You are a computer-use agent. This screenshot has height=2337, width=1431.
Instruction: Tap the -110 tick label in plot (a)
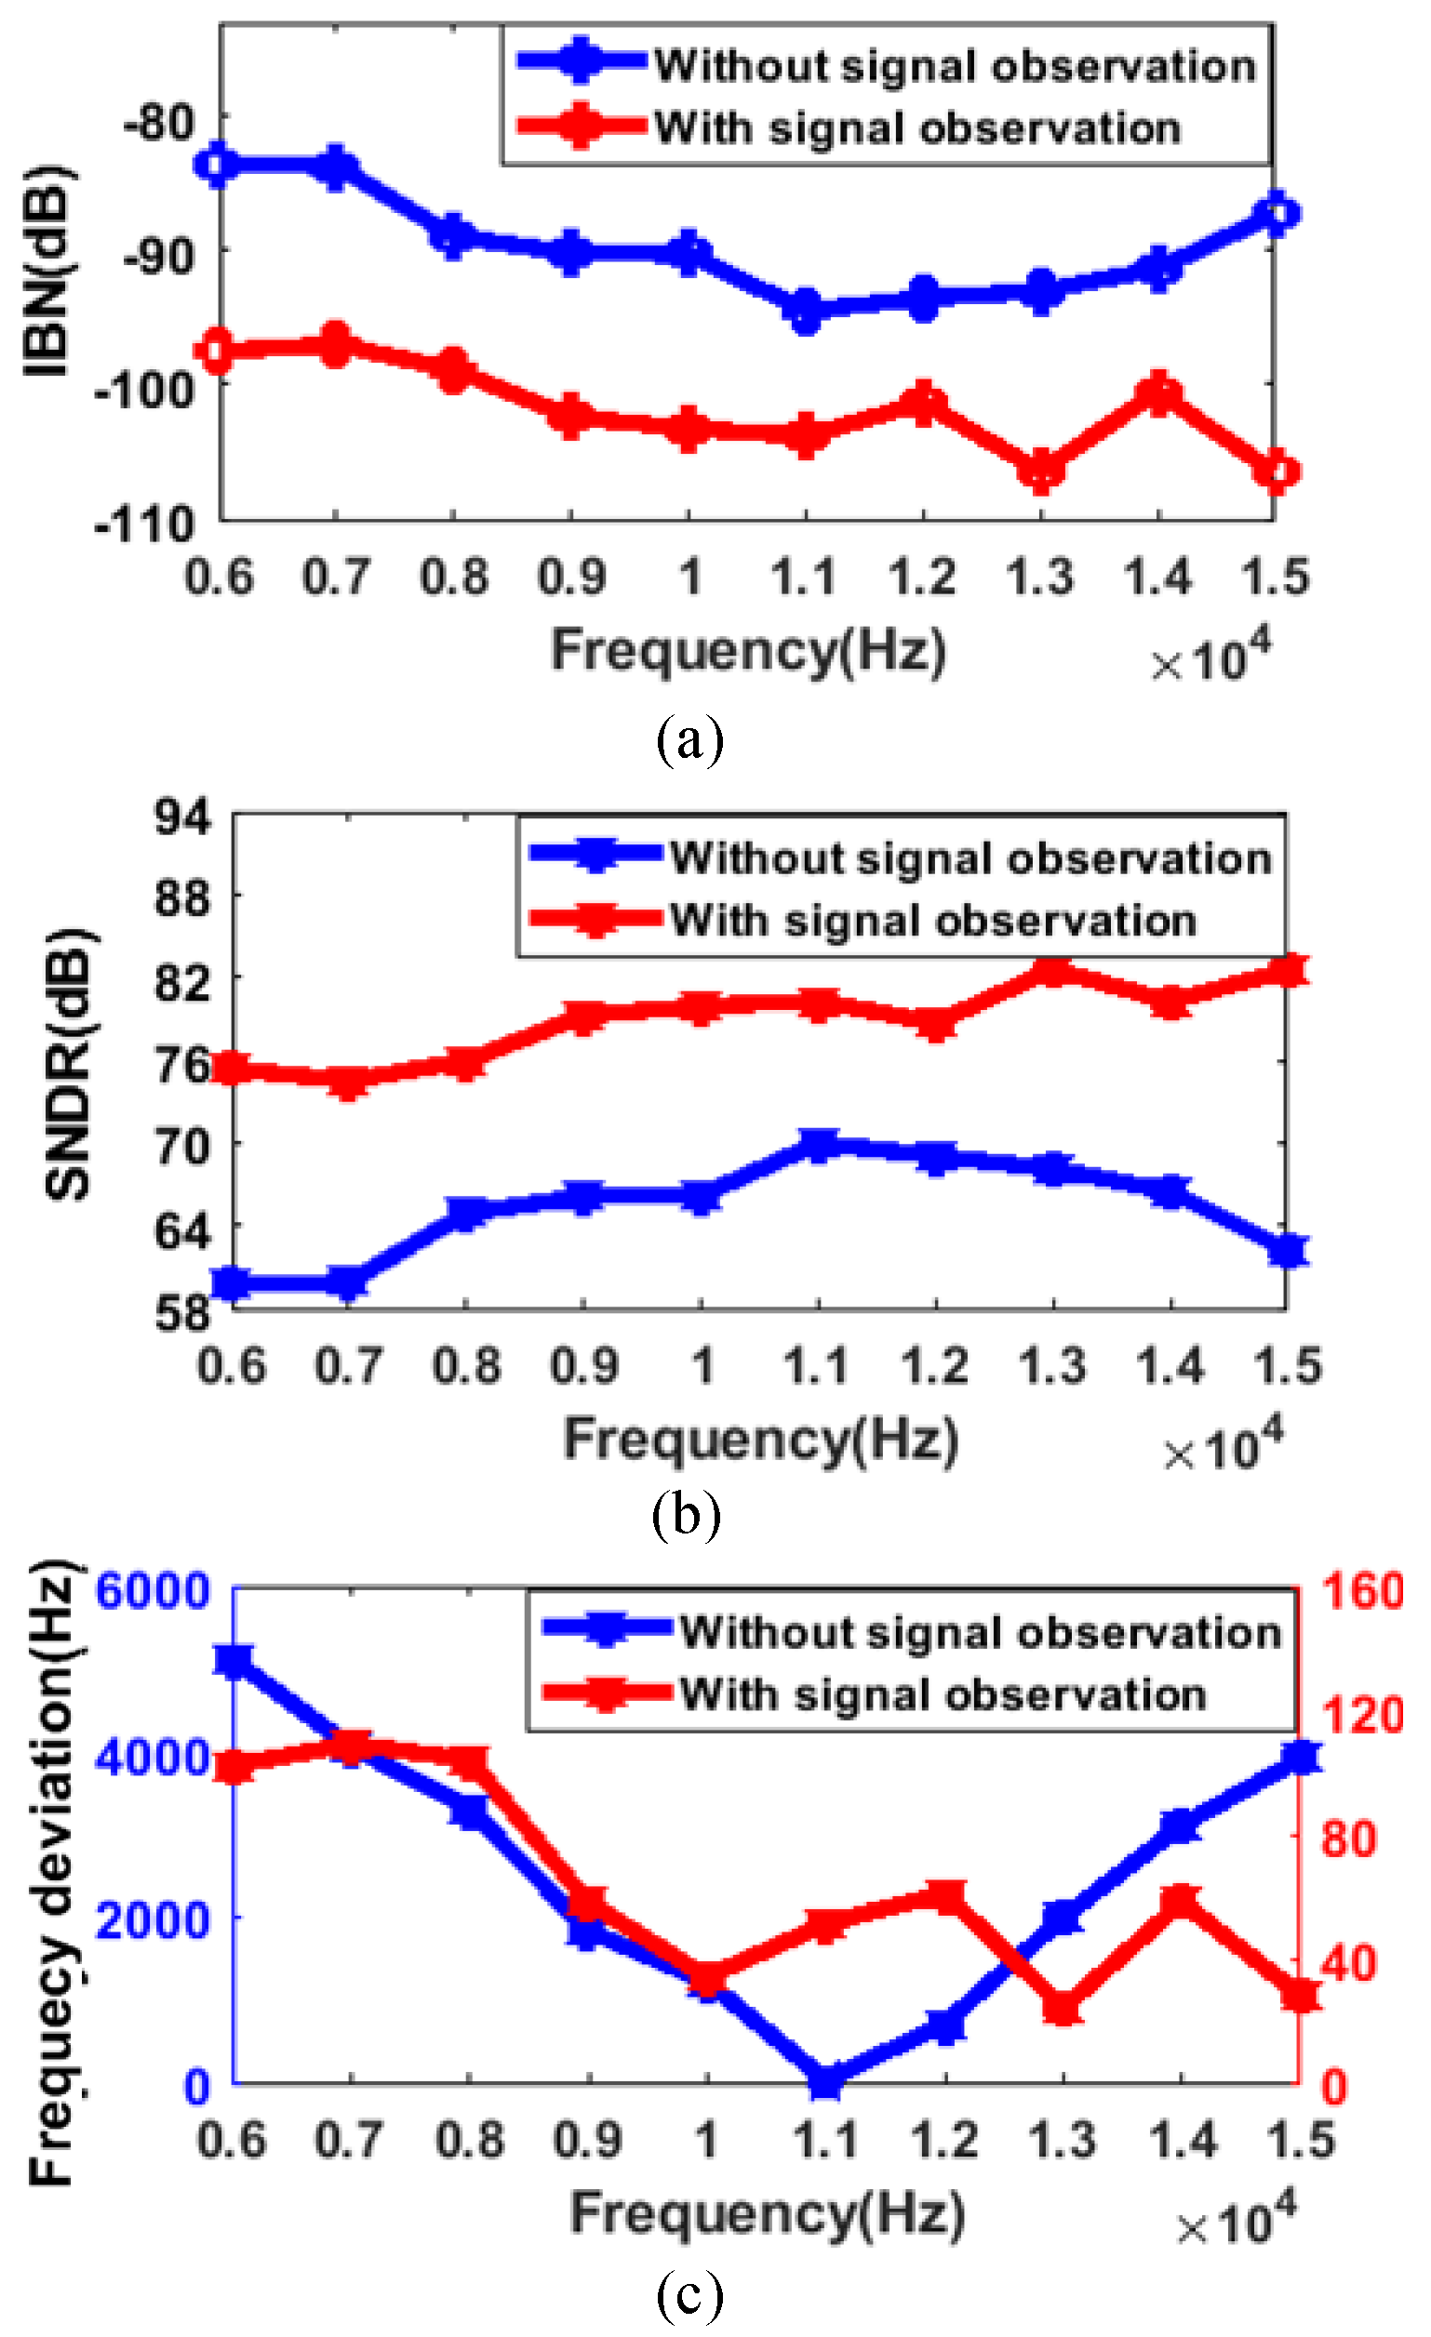pyautogui.click(x=144, y=524)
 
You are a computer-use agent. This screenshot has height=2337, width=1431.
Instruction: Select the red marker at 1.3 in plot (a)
pyautogui.click(x=1042, y=471)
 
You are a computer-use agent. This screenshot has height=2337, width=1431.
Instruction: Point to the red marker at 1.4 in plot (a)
pyautogui.click(x=1158, y=392)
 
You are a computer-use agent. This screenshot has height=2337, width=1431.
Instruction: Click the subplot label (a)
pyautogui.click(x=689, y=742)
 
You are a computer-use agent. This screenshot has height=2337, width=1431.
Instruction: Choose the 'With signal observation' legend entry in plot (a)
pyautogui.click(x=916, y=128)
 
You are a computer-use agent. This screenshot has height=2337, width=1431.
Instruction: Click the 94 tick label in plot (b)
pyautogui.click(x=183, y=816)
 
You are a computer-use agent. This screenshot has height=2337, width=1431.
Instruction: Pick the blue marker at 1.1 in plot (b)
pyautogui.click(x=818, y=1145)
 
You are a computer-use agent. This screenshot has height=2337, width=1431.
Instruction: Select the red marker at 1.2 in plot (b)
pyautogui.click(x=936, y=1022)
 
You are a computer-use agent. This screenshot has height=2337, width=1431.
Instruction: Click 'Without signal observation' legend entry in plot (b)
pyautogui.click(x=970, y=858)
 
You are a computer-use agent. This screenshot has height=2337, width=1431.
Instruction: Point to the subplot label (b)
pyautogui.click(x=686, y=1515)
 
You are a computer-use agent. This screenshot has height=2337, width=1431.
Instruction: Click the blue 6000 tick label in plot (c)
pyautogui.click(x=153, y=1590)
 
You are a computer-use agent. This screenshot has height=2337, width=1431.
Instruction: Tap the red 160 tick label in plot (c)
pyautogui.click(x=1363, y=1590)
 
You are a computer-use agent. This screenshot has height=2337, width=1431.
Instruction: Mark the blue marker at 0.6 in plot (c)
pyautogui.click(x=234, y=1661)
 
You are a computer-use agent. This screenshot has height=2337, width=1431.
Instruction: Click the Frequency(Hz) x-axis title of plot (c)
pyautogui.click(x=767, y=2214)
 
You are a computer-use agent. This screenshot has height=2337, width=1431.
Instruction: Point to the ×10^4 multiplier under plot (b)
pyautogui.click(x=1224, y=1449)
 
